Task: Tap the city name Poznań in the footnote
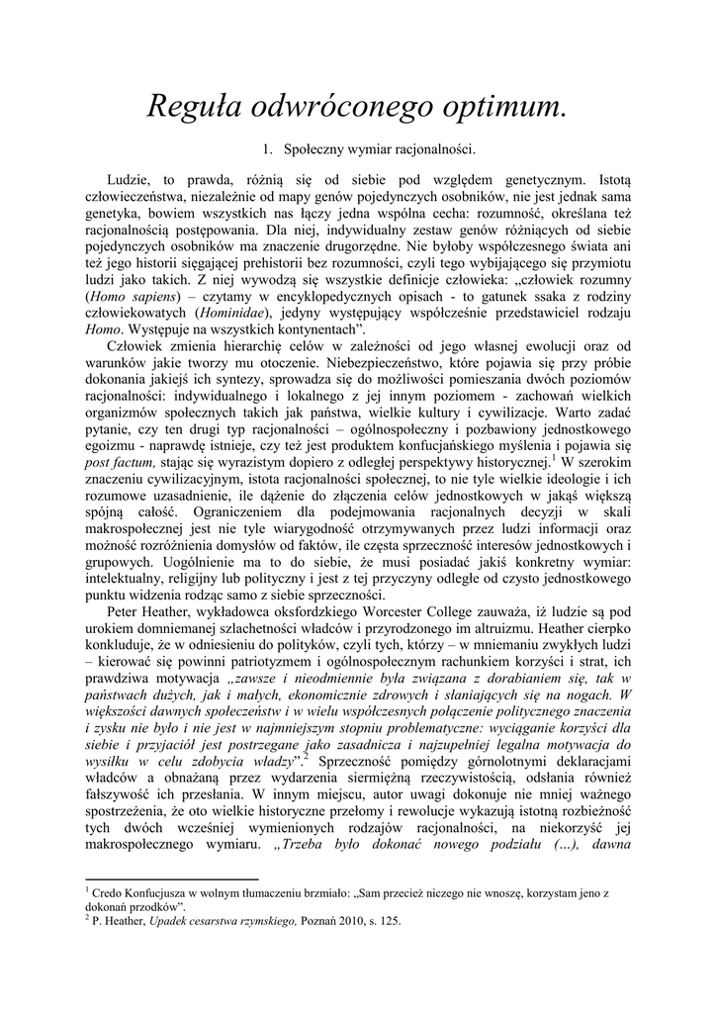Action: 310,920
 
